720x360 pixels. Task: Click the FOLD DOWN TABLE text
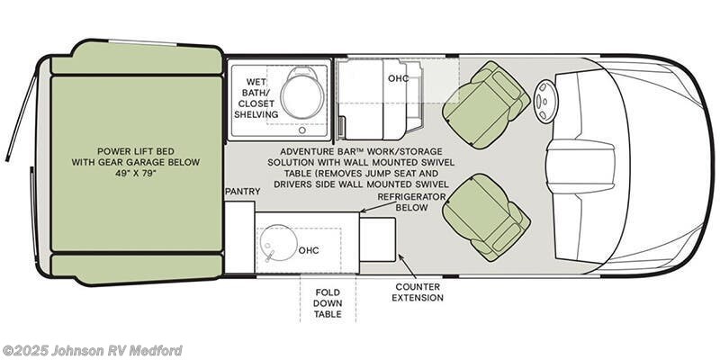point(328,304)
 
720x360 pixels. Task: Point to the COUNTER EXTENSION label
point(418,291)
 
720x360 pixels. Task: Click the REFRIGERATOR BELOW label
point(413,201)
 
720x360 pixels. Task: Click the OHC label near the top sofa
point(399,78)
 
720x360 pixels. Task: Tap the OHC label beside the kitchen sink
point(308,251)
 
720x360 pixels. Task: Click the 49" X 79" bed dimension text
point(135,175)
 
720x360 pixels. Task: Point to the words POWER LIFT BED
point(135,150)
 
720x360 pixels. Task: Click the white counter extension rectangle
point(378,239)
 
